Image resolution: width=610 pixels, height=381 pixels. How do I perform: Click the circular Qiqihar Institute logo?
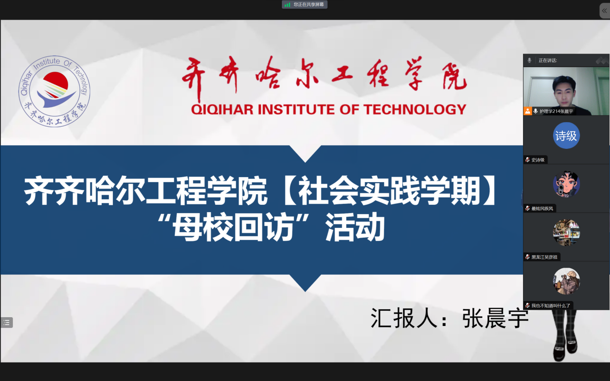pos(55,91)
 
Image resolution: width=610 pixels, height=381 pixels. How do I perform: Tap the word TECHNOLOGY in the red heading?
pos(415,110)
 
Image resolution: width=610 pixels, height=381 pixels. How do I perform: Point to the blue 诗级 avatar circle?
pos(566,135)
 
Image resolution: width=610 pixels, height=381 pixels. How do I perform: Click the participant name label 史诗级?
pos(538,160)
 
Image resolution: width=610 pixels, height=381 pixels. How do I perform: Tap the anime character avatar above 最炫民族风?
pos(566,184)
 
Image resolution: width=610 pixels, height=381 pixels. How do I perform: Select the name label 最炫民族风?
pos(542,209)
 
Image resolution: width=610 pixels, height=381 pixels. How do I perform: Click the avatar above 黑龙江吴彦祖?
pos(566,233)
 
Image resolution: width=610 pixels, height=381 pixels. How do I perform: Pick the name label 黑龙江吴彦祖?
pos(544,257)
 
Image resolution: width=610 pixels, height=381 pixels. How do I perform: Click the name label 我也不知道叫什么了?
pos(551,306)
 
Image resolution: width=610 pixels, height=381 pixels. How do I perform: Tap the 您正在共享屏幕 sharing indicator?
pos(305,5)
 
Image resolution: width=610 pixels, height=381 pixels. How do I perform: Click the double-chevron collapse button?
pos(604,11)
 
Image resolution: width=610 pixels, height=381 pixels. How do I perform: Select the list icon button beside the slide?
pos(6,323)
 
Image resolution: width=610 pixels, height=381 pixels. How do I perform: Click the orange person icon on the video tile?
pos(528,111)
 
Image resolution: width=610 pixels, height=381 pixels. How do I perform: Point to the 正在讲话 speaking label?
pos(548,61)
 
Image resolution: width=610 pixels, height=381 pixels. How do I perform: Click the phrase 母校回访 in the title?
pos(233,227)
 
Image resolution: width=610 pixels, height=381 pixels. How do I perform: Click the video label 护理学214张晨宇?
pos(556,111)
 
